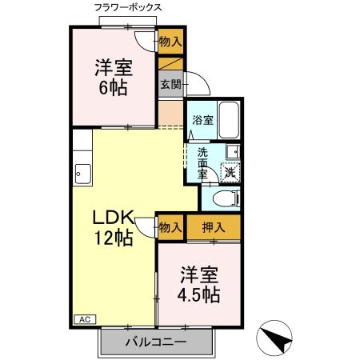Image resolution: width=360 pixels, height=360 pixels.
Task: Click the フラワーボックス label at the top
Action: click(x=128, y=8)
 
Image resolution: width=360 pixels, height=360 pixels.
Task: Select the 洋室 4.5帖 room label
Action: click(x=198, y=283)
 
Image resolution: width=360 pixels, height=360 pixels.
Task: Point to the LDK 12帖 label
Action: click(x=114, y=228)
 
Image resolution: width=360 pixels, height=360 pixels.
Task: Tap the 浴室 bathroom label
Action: click(x=203, y=121)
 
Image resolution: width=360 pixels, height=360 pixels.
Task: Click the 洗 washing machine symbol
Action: click(x=230, y=170)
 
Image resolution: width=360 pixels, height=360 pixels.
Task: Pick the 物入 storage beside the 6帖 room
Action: click(x=170, y=41)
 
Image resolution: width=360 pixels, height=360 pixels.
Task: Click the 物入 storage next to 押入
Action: click(x=170, y=227)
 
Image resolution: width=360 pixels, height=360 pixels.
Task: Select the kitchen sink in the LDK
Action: click(x=82, y=170)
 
